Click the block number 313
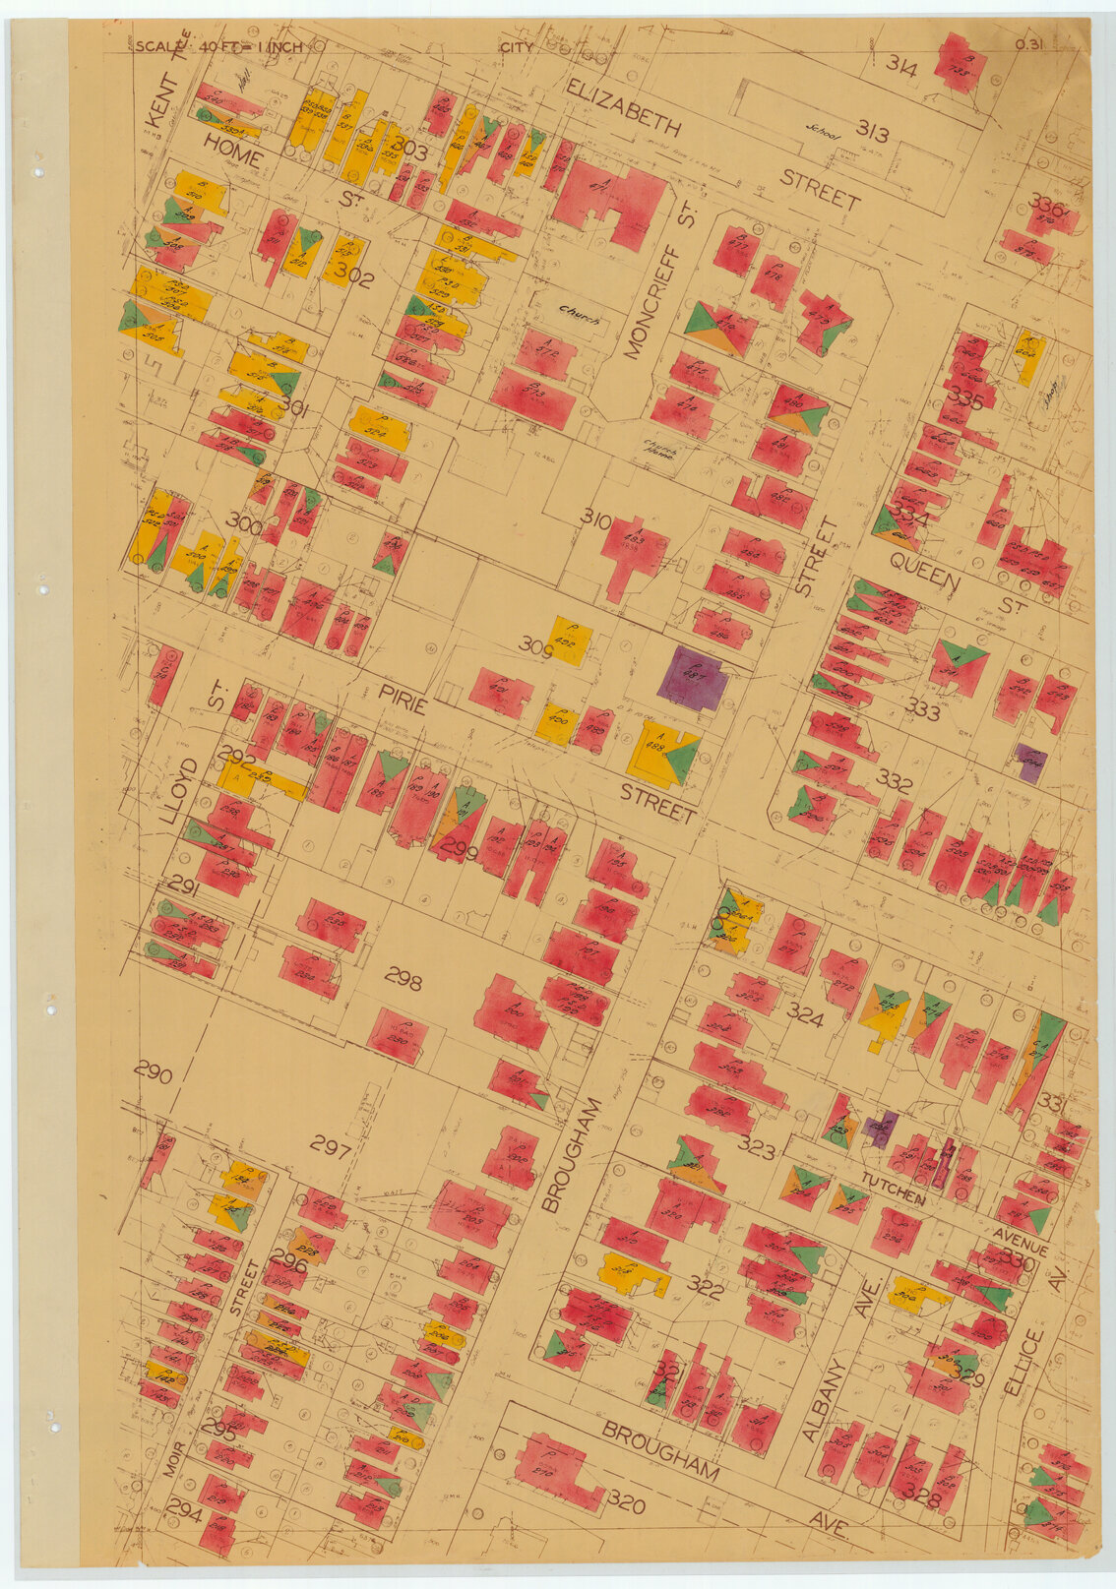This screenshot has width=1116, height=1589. [872, 130]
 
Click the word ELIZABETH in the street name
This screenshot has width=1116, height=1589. [623, 109]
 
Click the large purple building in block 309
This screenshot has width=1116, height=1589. [693, 678]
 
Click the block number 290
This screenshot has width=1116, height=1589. [154, 1073]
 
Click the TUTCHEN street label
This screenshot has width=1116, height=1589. [893, 1188]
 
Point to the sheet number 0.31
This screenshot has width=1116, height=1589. [1030, 45]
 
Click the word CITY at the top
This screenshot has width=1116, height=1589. [517, 46]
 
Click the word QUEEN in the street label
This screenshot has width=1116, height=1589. [924, 572]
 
